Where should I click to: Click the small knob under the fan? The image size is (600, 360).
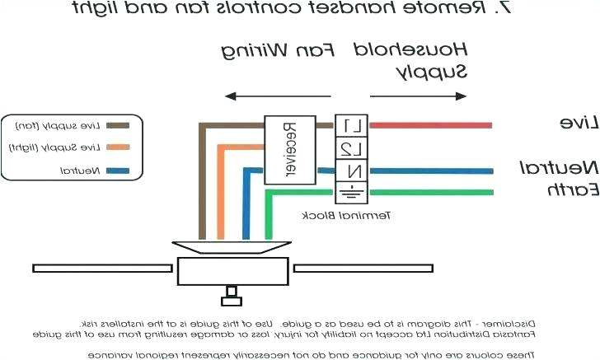[232, 292]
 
